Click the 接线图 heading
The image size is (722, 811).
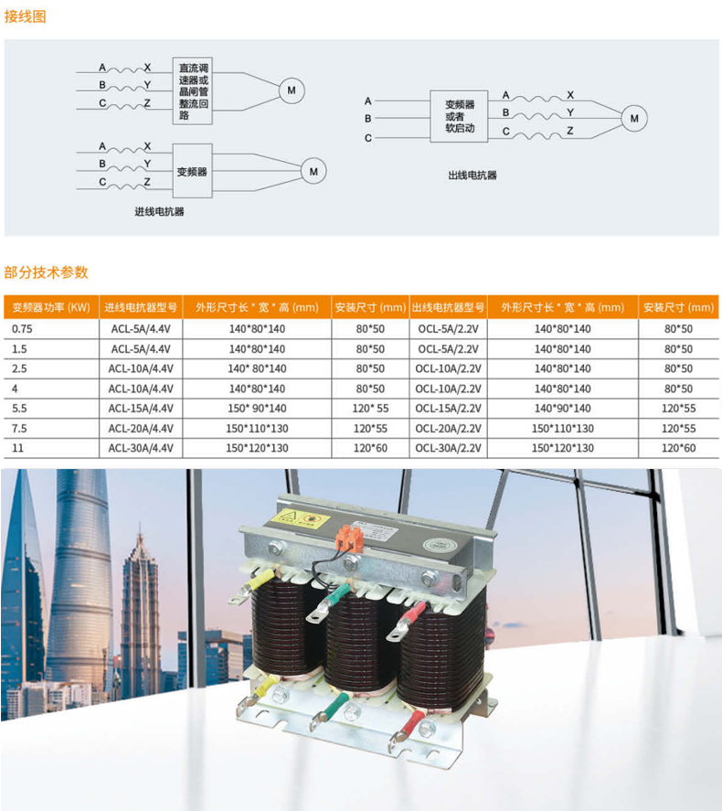click(26, 16)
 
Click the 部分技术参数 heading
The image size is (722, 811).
click(47, 272)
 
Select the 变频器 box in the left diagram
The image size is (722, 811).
click(193, 171)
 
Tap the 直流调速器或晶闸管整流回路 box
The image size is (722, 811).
click(194, 91)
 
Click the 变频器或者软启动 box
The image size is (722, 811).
click(459, 116)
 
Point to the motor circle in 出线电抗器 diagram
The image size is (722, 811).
click(633, 118)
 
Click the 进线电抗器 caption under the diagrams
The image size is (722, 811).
click(159, 211)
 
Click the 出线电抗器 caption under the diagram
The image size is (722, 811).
click(472, 175)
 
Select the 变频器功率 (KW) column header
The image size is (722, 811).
click(50, 307)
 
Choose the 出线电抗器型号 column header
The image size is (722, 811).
click(448, 307)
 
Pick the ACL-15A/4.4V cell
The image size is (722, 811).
click(141, 408)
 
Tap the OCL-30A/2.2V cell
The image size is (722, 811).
click(448, 448)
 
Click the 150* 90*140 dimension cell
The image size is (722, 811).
click(257, 408)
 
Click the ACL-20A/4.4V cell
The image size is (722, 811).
click(141, 428)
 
